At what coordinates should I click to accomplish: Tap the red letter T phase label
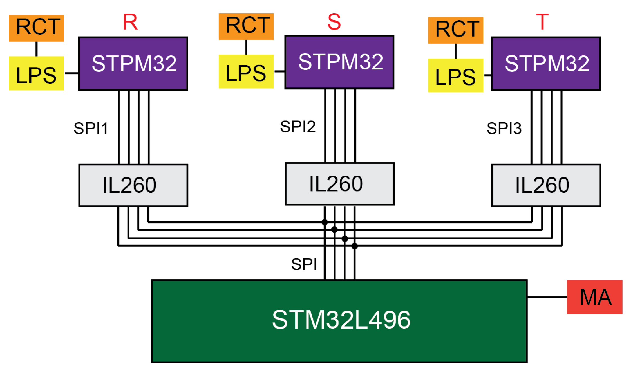(542, 22)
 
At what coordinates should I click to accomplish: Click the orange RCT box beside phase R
(37, 28)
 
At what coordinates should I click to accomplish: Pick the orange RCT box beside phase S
(246, 26)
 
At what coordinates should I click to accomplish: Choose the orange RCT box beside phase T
(456, 30)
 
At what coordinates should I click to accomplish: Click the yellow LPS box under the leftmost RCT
(37, 73)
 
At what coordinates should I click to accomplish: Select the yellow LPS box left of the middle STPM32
(246, 71)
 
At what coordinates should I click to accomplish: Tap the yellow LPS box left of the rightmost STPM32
(456, 75)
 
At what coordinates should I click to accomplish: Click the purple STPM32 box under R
(133, 64)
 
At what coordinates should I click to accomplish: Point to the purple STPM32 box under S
(339, 62)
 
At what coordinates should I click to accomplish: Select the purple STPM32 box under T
(546, 64)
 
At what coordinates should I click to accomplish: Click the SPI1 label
(91, 129)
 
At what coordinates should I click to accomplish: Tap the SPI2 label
(298, 127)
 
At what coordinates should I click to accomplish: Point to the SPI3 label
(504, 129)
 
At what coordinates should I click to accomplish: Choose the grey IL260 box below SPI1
(133, 185)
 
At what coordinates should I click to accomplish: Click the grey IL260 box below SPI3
(546, 185)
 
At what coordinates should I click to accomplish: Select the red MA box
(594, 297)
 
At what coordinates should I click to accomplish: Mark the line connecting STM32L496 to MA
(547, 297)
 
